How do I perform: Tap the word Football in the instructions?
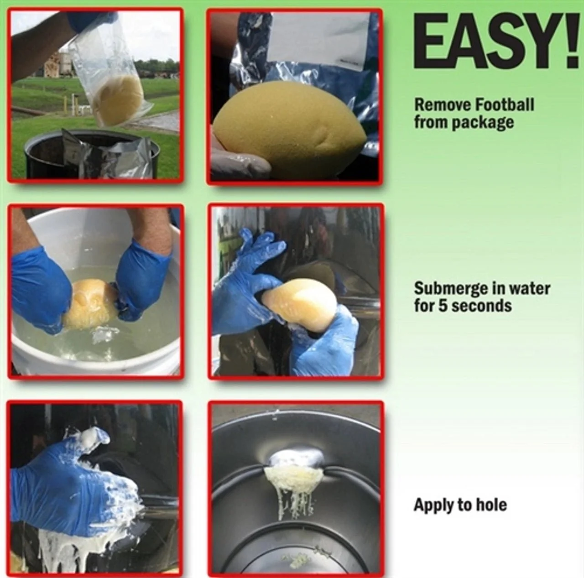coord(505,104)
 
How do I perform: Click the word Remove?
coord(443,105)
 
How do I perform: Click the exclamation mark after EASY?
coord(573,42)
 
